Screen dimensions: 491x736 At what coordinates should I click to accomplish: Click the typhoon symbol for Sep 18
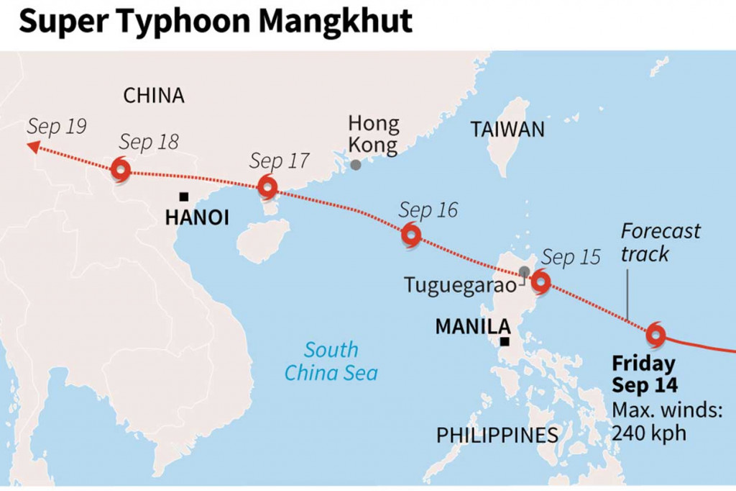[121, 171]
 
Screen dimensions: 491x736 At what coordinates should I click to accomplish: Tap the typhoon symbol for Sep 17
[267, 188]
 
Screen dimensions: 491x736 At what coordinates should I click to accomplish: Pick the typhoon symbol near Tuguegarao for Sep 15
[540, 282]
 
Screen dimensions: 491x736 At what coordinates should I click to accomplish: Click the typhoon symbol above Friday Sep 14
[655, 334]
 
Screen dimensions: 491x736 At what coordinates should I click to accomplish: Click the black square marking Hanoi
[184, 197]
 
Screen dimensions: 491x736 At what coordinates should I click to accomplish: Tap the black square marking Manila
[506, 342]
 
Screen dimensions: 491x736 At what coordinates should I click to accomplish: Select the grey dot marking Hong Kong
[356, 165]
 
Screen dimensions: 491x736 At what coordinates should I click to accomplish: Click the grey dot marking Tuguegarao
[525, 271]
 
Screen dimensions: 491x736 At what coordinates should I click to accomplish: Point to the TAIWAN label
[507, 130]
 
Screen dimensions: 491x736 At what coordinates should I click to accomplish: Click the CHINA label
[154, 95]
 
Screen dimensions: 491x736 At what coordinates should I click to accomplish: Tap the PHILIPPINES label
[497, 435]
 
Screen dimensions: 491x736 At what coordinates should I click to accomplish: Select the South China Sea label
[331, 361]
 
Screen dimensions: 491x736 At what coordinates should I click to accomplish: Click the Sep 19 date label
[57, 127]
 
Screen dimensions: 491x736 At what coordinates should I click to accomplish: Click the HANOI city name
[197, 217]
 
